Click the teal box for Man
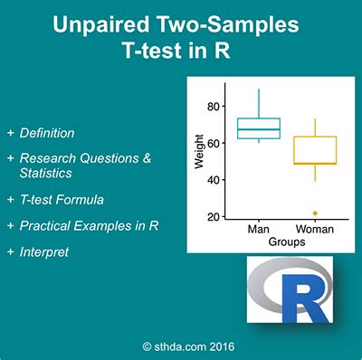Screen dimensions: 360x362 pyautogui.click(x=259, y=128)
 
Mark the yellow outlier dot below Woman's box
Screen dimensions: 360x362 pyautogui.click(x=314, y=213)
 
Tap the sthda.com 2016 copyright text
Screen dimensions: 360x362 pyautogui.click(x=181, y=345)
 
